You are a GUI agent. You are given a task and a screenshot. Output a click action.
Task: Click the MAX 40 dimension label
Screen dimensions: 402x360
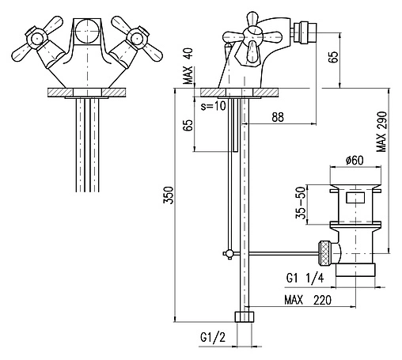coord(189,66)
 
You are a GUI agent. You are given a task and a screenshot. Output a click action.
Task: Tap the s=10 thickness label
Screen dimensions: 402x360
coord(214,106)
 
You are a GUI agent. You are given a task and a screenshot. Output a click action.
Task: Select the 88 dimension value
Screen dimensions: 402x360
coord(278,117)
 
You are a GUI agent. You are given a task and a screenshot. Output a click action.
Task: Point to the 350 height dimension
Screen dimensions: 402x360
coord(168,195)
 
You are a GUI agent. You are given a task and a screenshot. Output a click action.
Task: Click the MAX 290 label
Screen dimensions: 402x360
coord(381,132)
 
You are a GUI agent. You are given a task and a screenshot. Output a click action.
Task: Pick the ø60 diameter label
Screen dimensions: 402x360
coord(355,160)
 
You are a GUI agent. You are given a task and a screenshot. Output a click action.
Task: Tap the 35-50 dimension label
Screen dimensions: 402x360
coord(301,203)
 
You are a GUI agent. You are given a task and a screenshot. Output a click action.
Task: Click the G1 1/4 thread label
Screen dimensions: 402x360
coord(305,278)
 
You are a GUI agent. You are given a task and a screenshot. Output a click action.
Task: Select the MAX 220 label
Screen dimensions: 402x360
coord(308,300)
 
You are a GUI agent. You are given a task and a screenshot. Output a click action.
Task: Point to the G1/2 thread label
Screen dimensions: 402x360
coord(213,337)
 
